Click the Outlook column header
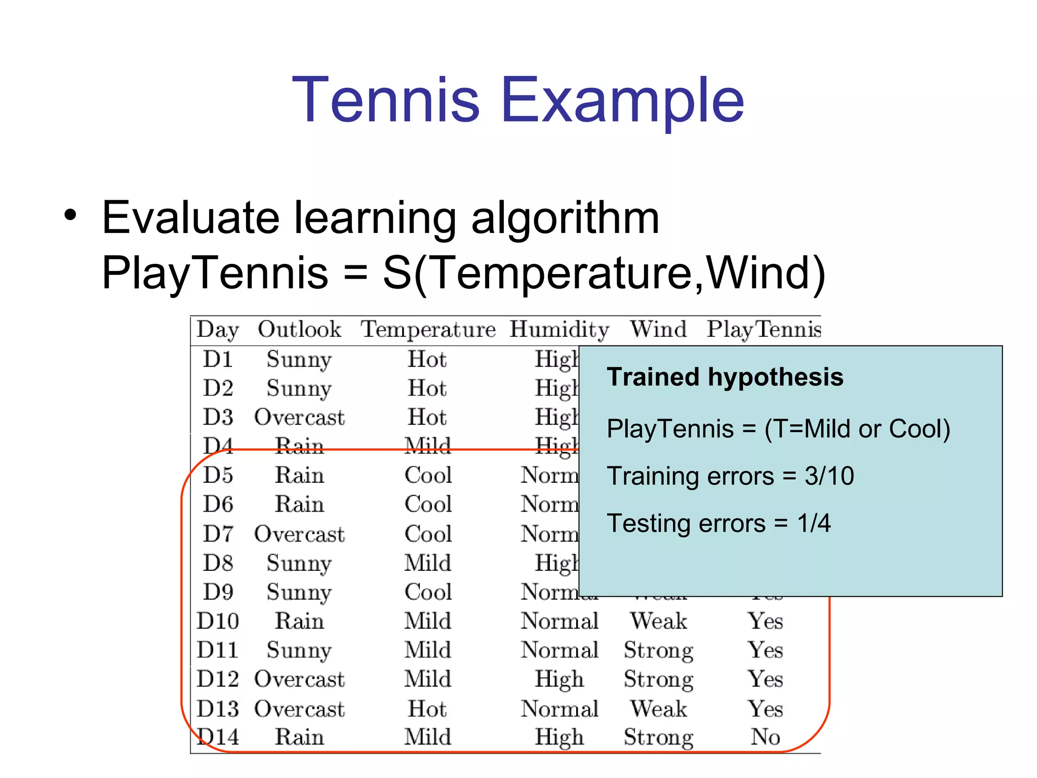click(299, 330)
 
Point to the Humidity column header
click(559, 330)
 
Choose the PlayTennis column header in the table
click(764, 330)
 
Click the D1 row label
click(218, 359)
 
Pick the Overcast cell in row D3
click(299, 417)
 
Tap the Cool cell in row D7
click(428, 534)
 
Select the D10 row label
click(218, 621)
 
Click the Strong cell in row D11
click(658, 650)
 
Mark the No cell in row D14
click(765, 737)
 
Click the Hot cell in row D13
click(427, 709)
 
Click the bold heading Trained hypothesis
click(725, 377)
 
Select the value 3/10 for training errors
click(829, 476)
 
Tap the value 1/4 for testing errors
click(814, 523)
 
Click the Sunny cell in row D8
click(299, 563)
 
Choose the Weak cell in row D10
click(658, 621)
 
